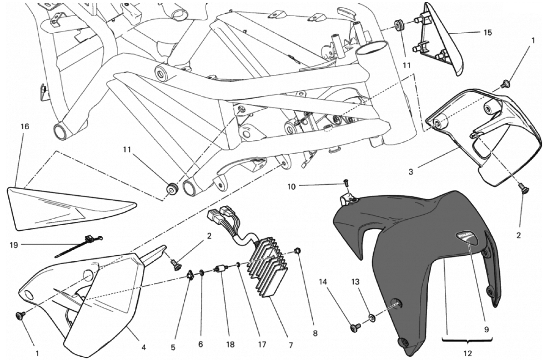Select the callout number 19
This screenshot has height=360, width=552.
point(14,245)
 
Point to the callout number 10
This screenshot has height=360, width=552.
point(291,186)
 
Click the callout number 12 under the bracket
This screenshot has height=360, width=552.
point(468,353)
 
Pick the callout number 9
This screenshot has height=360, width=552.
point(486,330)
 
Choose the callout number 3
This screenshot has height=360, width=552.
point(411,172)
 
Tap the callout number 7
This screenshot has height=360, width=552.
point(291,345)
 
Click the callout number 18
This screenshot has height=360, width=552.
point(230,345)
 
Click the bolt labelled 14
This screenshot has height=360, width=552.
point(354,328)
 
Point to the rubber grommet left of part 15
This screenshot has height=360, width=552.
point(398,25)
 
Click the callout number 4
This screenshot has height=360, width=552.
point(143,348)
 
